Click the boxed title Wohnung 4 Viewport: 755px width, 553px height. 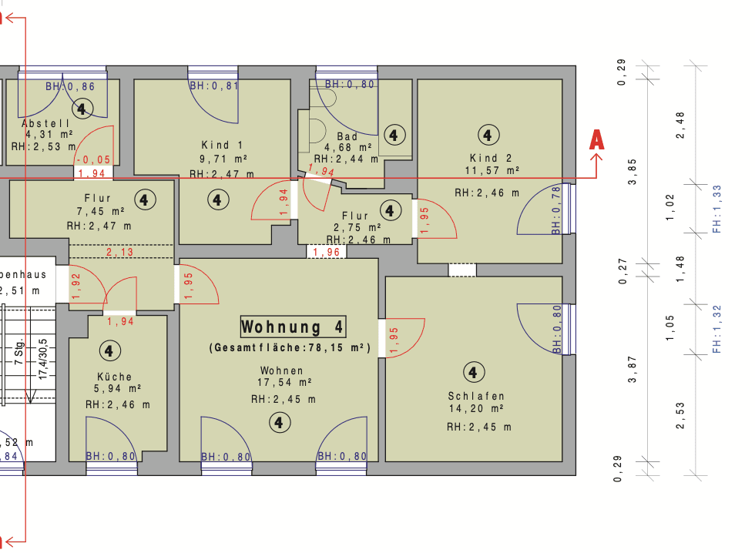coord(293,327)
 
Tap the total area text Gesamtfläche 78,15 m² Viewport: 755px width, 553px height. coord(290,349)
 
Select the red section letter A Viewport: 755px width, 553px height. coord(596,140)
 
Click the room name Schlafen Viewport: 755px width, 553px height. coord(476,396)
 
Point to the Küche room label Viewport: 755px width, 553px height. coord(108,377)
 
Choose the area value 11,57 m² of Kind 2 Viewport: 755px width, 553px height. coord(492,169)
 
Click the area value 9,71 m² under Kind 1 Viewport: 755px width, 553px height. coord(222,159)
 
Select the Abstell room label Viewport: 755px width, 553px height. coord(45,123)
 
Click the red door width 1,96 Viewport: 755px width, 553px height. coord(327,252)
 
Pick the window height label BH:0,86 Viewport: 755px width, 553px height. coord(70,87)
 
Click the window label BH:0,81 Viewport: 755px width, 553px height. coord(214,85)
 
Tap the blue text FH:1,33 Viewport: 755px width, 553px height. coord(716,209)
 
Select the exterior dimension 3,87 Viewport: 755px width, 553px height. coord(633,368)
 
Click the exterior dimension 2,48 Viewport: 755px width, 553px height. coord(679,126)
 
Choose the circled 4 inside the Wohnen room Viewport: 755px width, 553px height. coord(279,422)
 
